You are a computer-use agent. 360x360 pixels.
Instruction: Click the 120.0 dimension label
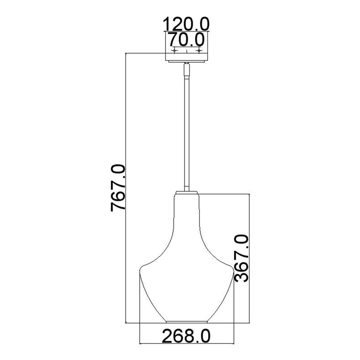186,24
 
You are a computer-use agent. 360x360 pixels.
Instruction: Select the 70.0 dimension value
186,39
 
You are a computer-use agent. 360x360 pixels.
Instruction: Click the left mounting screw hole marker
174,51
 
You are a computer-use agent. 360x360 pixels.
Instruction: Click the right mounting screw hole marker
199,51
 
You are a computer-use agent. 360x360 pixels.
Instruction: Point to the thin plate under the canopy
186,61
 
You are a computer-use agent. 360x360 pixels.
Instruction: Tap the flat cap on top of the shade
186,192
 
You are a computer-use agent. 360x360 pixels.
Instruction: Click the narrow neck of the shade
186,210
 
